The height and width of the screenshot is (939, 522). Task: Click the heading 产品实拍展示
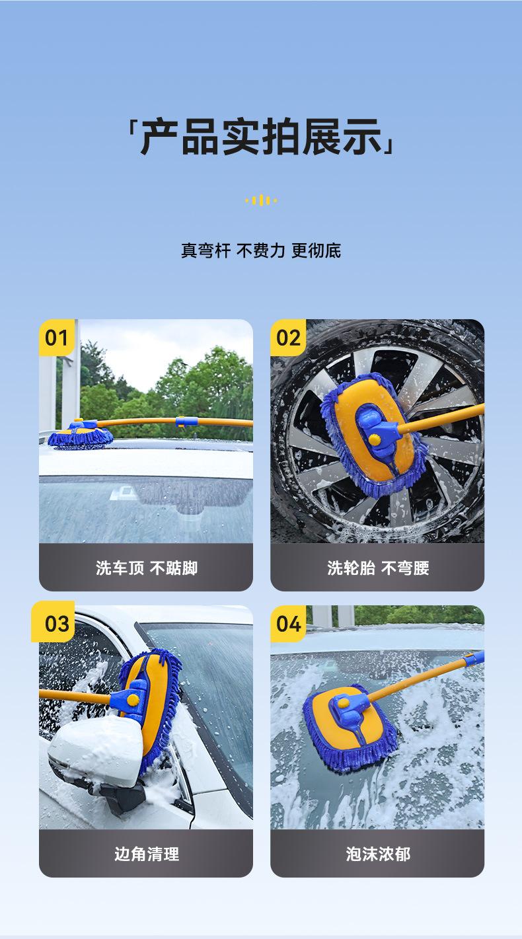[261, 137]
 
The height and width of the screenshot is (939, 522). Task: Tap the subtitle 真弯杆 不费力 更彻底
[261, 250]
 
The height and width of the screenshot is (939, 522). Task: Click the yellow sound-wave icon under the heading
[261, 200]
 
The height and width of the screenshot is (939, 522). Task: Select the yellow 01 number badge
[57, 338]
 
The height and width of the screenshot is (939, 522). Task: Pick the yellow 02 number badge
[289, 338]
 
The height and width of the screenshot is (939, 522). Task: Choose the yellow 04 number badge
[289, 623]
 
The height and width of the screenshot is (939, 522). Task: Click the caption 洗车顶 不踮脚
[146, 568]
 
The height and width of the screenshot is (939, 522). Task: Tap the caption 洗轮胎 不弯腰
[378, 568]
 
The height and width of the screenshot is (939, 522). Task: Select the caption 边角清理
[146, 854]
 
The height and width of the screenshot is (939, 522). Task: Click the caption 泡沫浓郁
[378, 854]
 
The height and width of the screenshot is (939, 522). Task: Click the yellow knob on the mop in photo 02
[375, 439]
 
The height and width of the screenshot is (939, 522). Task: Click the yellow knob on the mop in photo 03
[133, 700]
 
